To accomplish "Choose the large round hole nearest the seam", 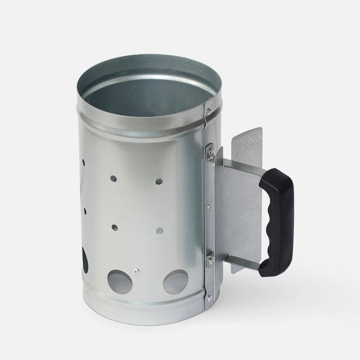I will point(176,282).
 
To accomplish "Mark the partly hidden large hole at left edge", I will point(85,261).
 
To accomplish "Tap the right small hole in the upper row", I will point(159,181).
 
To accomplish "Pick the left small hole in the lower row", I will point(114,228).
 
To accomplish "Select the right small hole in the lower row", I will point(158,230).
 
